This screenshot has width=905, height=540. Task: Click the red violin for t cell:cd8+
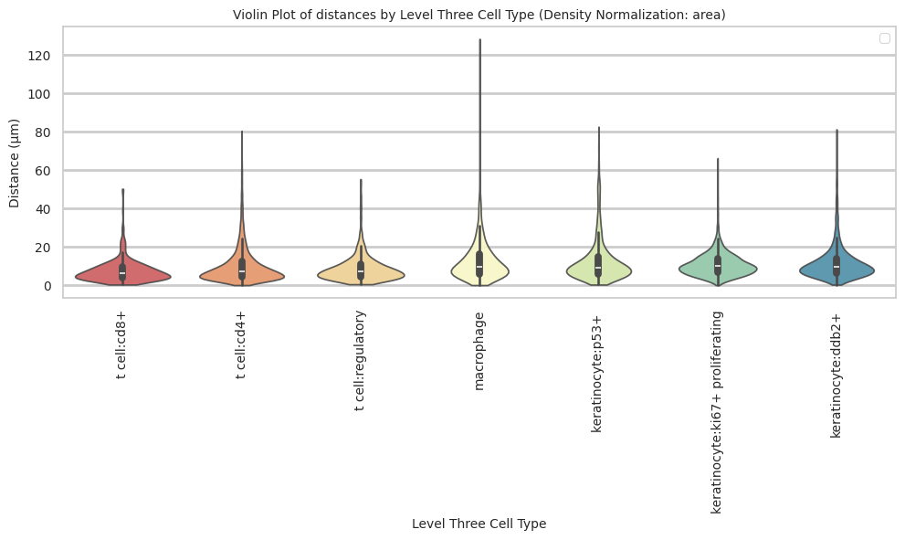point(100,275)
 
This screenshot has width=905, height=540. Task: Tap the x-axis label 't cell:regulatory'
point(361,361)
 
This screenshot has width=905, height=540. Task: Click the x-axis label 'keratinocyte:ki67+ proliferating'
point(717,411)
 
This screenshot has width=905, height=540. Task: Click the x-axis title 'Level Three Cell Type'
point(479,524)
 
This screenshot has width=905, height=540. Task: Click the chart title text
point(479,15)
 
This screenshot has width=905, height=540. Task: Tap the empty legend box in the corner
point(884,38)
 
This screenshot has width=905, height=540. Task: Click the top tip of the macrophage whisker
point(479,39)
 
